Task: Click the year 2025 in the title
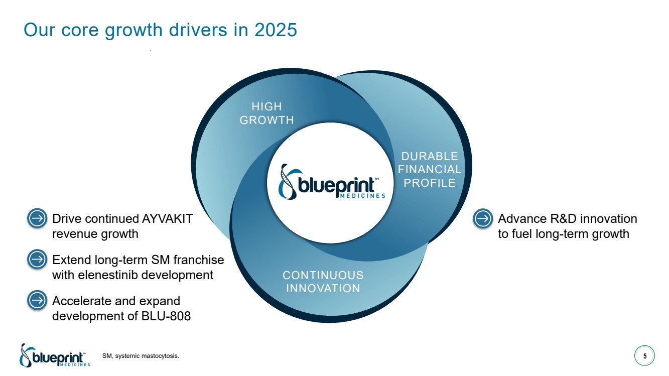pyautogui.click(x=276, y=30)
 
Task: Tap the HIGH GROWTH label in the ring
pyautogui.click(x=266, y=113)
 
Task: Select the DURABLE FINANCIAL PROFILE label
pyautogui.click(x=430, y=169)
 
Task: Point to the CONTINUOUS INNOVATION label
pyautogui.click(x=323, y=282)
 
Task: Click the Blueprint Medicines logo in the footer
pyautogui.click(x=55, y=355)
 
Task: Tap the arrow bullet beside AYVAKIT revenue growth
pyautogui.click(x=37, y=218)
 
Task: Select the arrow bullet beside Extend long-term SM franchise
pyautogui.click(x=37, y=260)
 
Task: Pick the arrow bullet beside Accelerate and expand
pyautogui.click(x=37, y=300)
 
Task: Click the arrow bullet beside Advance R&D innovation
pyautogui.click(x=483, y=218)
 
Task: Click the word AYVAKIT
pyautogui.click(x=167, y=219)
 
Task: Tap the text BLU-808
pyautogui.click(x=166, y=316)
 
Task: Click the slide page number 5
pyautogui.click(x=645, y=356)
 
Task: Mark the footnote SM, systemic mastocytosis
pyautogui.click(x=141, y=356)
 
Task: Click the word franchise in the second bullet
pyautogui.click(x=199, y=260)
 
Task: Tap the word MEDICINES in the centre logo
pyautogui.click(x=362, y=196)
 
